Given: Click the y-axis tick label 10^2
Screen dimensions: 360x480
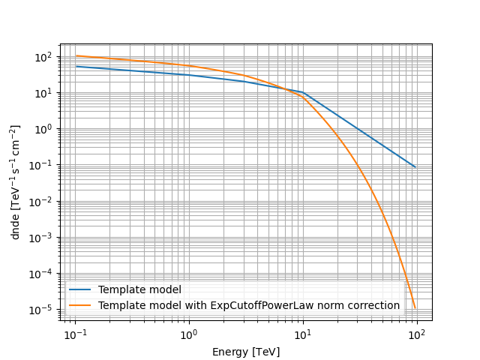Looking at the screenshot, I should (43, 57).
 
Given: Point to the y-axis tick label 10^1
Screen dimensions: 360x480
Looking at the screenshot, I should (43, 93).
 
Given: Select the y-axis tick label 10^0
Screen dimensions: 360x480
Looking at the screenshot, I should (43, 129).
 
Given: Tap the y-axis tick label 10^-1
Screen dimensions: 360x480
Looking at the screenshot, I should (41, 165).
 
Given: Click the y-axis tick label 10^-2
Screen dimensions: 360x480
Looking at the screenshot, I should (41, 201).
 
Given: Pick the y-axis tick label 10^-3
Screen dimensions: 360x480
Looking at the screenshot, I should (41, 237).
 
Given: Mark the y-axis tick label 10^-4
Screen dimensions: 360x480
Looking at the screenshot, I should (41, 273).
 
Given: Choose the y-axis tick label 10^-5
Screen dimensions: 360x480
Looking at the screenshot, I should (41, 309).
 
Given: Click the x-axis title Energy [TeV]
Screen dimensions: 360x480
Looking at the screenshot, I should (246, 351).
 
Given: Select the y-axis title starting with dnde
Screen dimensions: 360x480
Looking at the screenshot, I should (16, 182).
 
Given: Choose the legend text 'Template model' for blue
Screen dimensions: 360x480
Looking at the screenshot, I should (139, 289).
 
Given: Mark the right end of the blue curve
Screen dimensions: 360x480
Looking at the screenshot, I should (415, 167).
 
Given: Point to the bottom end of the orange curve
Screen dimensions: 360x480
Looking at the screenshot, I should (415, 308).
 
